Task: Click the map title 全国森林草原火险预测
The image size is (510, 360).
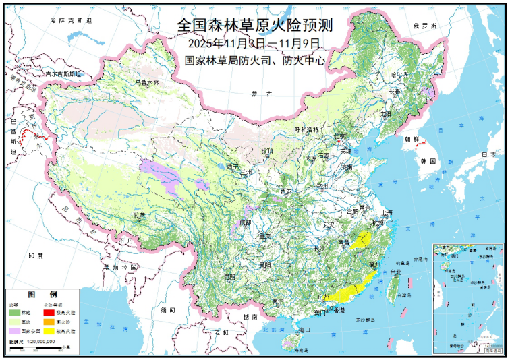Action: click(254, 25)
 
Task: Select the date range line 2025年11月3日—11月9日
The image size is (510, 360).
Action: click(254, 43)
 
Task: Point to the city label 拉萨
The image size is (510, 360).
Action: click(138, 215)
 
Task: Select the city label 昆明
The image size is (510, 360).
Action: click(230, 276)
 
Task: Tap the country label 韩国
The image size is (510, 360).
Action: click(427, 162)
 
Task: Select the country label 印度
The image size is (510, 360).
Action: click(36, 256)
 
